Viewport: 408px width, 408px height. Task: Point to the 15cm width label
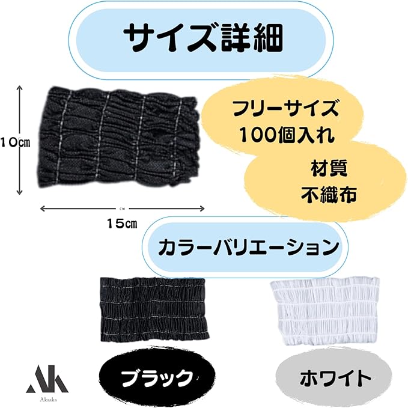pyautogui.click(x=122, y=224)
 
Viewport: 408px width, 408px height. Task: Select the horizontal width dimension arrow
pyautogui.click(x=123, y=209)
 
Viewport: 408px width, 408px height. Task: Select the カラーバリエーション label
pyautogui.click(x=245, y=247)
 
